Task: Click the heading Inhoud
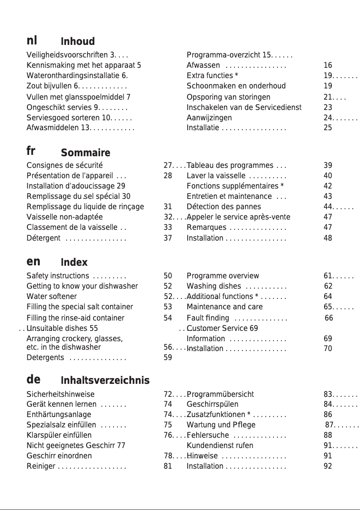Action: [x=78, y=42]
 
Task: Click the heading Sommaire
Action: [x=85, y=153]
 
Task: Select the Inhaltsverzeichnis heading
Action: [x=105, y=381]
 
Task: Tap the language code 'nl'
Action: [x=32, y=41]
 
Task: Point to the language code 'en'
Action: [x=33, y=261]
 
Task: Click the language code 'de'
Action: [x=33, y=380]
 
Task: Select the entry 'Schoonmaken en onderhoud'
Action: [x=236, y=86]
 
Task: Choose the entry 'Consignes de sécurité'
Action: [x=65, y=165]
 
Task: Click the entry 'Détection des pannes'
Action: [x=224, y=207]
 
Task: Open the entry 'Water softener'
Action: [x=52, y=296]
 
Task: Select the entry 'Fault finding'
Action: [x=208, y=318]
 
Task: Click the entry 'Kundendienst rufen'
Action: [x=220, y=445]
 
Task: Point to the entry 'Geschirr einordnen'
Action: [x=59, y=456]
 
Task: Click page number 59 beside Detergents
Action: [x=168, y=358]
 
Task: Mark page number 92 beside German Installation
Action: [x=328, y=466]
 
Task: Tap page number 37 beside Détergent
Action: [x=168, y=238]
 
